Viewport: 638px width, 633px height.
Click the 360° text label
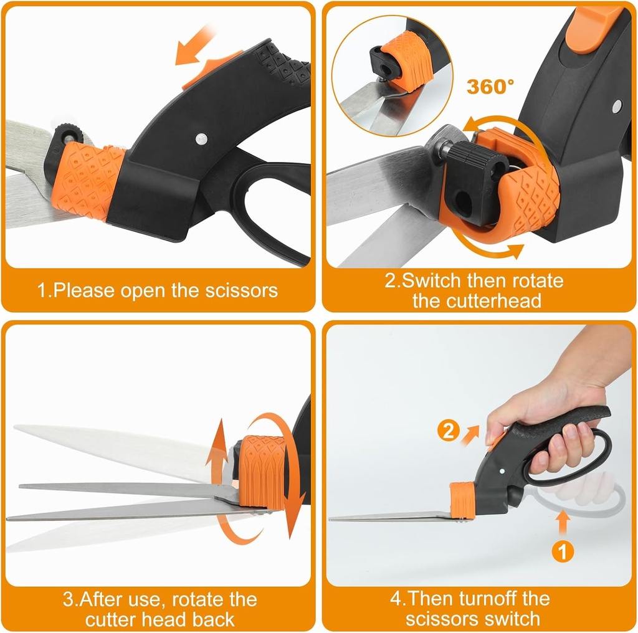pos(490,87)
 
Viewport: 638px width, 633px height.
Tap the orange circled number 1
pos(563,551)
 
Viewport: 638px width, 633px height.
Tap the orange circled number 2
pos(448,432)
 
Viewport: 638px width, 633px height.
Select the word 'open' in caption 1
pos(143,291)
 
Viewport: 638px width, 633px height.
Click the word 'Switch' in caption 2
pos(432,280)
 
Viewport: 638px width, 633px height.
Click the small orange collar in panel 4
pos(462,501)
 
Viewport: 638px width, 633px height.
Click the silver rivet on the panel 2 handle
pos(616,106)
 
